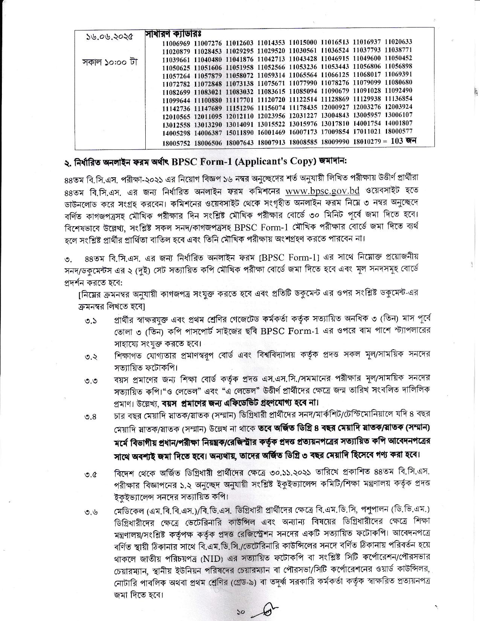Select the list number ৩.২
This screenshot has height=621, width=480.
(x=91, y=357)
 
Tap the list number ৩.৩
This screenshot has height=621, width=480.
(x=91, y=381)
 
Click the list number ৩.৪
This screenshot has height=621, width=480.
(x=91, y=417)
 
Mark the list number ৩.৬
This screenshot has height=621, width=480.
(x=91, y=511)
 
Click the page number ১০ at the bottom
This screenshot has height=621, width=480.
(x=241, y=612)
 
